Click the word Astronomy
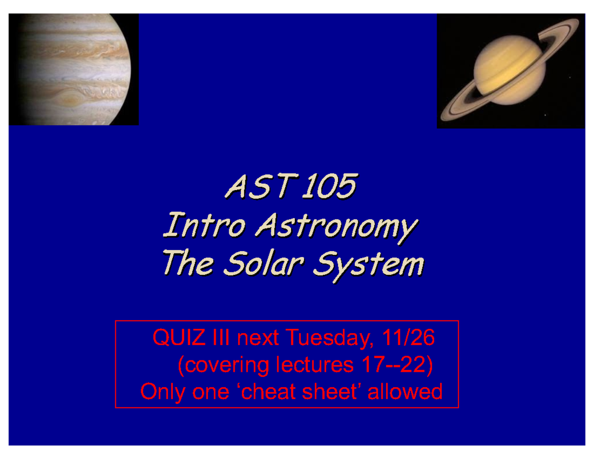coord(336,228)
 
